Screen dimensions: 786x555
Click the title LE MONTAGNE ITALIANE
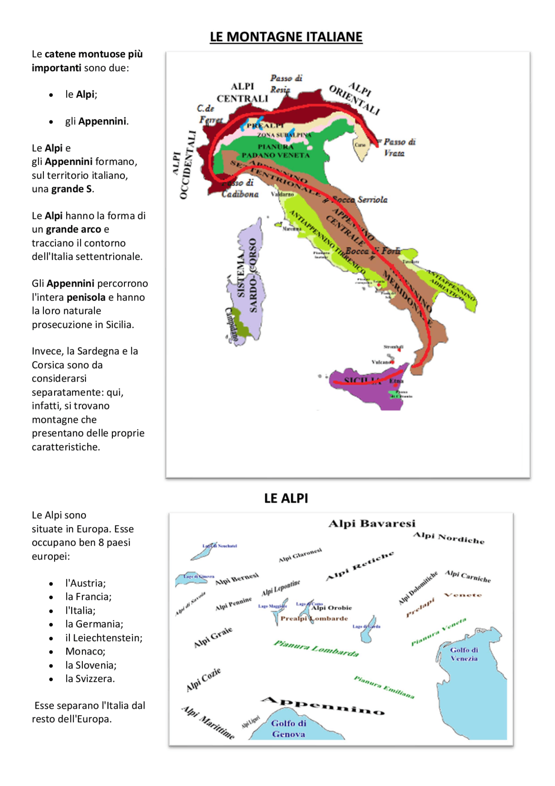click(x=286, y=37)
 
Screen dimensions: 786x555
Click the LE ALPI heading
click(x=286, y=498)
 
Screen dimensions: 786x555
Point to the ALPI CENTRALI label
click(x=242, y=92)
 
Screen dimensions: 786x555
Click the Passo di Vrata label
click(x=398, y=147)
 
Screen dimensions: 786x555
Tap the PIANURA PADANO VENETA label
click(x=275, y=151)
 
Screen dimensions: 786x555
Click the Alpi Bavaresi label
click(x=372, y=523)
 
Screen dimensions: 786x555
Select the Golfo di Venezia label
click(x=464, y=654)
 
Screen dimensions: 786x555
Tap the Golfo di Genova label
click(x=288, y=729)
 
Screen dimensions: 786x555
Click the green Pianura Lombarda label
click(x=316, y=648)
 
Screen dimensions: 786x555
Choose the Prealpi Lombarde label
click(x=314, y=618)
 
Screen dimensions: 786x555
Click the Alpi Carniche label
click(x=468, y=576)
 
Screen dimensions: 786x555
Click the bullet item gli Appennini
click(x=97, y=121)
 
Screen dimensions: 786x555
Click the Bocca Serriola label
click(x=359, y=200)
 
